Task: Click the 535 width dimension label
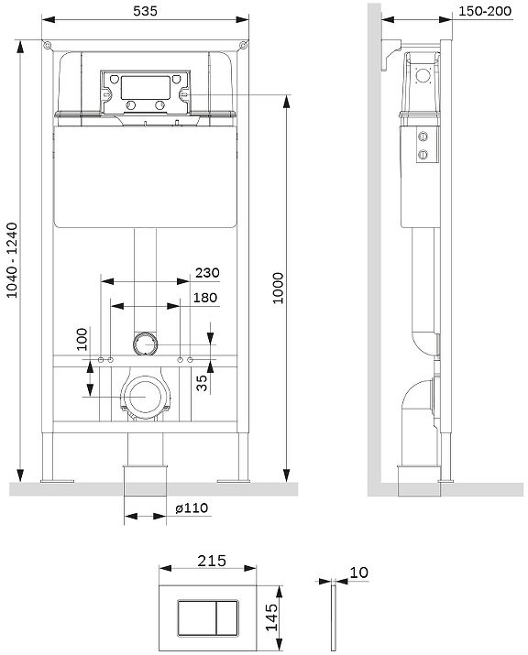tap(145, 11)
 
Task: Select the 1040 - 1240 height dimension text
tap(13, 260)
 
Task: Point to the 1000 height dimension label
tap(278, 288)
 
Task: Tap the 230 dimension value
tap(207, 273)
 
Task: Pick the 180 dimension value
tap(205, 298)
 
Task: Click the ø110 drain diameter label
tap(192, 508)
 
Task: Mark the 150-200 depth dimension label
tap(485, 11)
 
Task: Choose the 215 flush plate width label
tap(212, 561)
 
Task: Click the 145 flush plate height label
tap(271, 617)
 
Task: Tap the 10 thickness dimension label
tap(358, 573)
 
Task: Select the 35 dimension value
tap(202, 383)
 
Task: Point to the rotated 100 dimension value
tap(82, 339)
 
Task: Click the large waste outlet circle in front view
tap(145, 397)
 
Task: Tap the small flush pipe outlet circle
tap(146, 344)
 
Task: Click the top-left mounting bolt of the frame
tap(48, 45)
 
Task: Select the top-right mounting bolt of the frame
tap(243, 45)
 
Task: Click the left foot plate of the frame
tap(57, 481)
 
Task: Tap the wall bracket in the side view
tap(390, 54)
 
